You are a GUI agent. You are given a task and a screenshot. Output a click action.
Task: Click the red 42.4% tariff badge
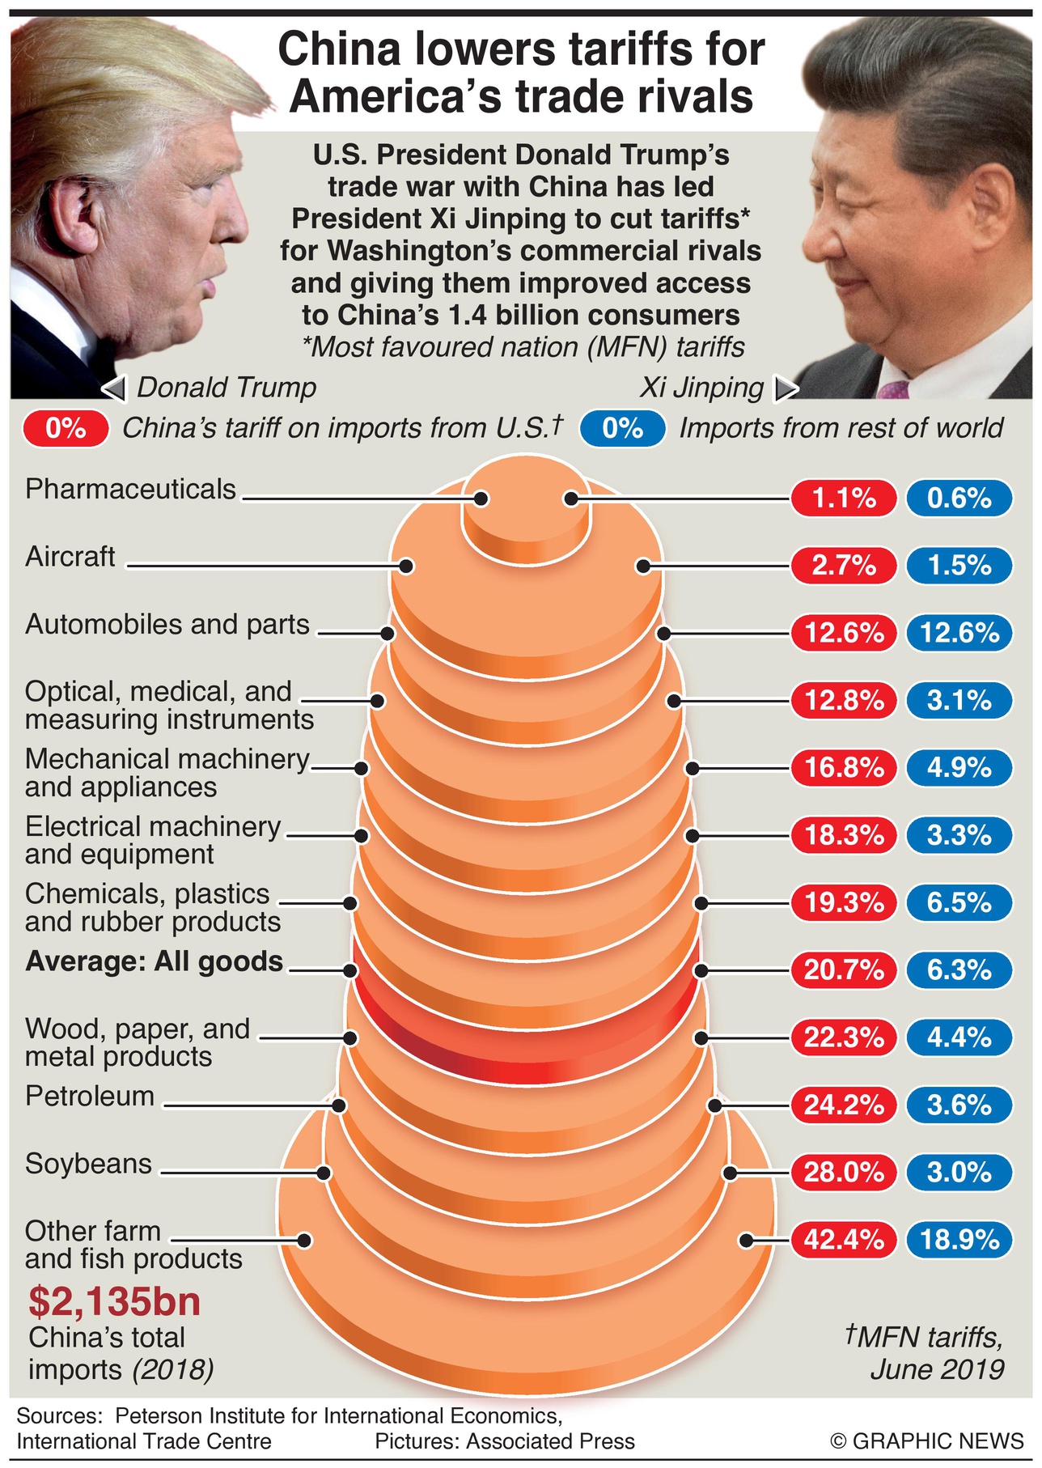tap(844, 1240)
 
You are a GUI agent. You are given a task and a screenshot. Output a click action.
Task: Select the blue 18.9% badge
tap(959, 1240)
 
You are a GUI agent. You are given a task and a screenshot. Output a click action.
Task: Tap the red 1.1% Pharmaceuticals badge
tap(844, 498)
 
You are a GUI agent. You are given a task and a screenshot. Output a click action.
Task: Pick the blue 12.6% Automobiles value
tap(959, 633)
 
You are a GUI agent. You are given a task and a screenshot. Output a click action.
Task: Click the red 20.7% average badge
tap(844, 969)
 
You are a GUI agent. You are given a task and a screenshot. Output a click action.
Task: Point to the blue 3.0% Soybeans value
tap(959, 1172)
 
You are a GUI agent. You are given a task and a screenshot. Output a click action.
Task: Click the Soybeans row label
tap(88, 1164)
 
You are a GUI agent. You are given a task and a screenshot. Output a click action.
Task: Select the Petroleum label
tap(90, 1097)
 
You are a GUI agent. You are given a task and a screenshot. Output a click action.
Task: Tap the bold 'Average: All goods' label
tap(155, 961)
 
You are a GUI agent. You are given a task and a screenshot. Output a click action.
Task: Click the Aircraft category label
tap(70, 557)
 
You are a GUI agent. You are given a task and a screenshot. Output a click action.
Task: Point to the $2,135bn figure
tap(114, 1301)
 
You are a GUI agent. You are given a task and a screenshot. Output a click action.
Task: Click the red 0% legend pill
tap(66, 428)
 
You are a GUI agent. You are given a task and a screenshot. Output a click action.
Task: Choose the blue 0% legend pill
tap(622, 428)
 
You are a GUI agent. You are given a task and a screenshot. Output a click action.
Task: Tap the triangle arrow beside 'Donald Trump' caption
tap(115, 389)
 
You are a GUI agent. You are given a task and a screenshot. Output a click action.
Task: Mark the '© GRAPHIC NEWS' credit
tap(927, 1440)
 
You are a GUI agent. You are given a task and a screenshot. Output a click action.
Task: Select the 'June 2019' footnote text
tap(937, 1369)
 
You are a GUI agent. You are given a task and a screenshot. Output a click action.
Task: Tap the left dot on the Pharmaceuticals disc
tap(481, 499)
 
